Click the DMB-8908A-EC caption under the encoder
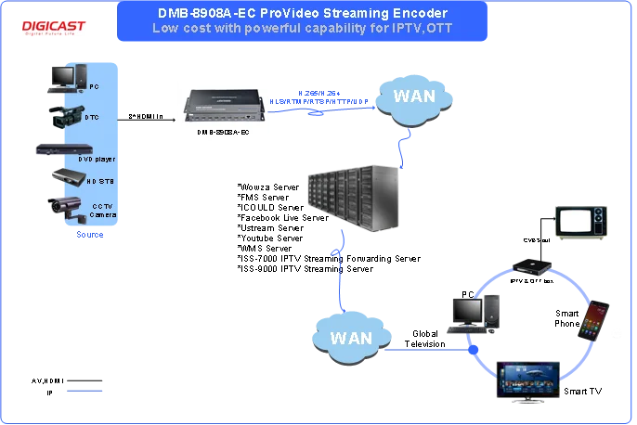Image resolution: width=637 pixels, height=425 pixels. (222, 132)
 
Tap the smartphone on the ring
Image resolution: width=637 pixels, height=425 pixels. (595, 320)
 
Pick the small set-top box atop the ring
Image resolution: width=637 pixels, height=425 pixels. (534, 265)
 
